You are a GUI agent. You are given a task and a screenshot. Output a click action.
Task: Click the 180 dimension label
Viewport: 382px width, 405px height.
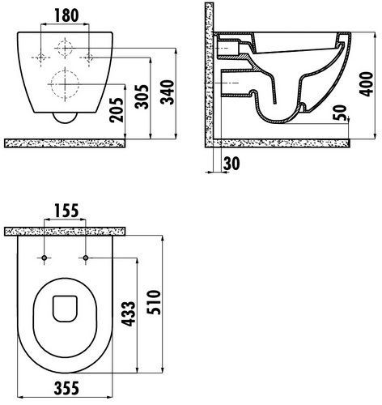[66, 15]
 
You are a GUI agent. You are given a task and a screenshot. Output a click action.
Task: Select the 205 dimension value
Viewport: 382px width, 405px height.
[117, 109]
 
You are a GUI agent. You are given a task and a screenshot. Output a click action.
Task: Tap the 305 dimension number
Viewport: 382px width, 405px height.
[142, 96]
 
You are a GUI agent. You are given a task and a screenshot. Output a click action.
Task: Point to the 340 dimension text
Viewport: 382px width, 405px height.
[167, 92]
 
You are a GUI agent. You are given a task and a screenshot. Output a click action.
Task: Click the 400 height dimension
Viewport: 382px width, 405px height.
[366, 84]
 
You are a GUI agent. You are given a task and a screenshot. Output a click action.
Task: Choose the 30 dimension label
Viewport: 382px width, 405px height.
[231, 164]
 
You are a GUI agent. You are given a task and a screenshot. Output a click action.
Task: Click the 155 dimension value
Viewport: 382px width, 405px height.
[66, 211]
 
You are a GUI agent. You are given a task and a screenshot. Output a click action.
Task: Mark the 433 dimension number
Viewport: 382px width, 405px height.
[128, 313]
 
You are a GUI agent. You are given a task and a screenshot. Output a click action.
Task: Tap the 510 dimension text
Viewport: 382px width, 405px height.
[154, 302]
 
